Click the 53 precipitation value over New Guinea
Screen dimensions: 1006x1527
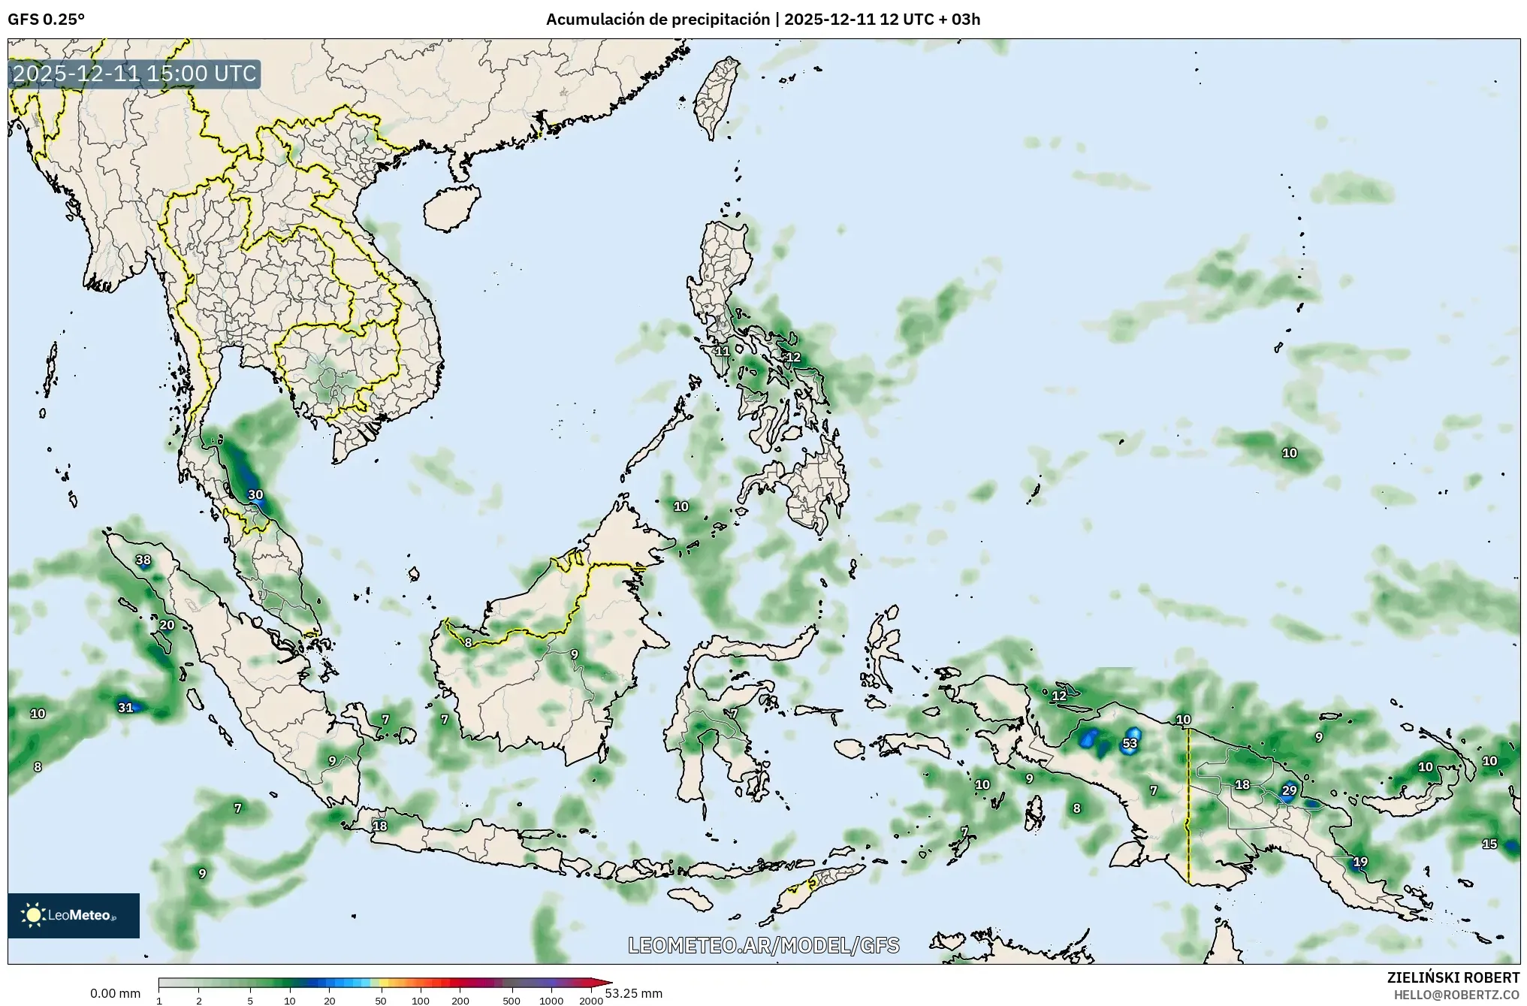pos(1130,744)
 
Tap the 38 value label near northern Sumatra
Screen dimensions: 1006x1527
pos(143,560)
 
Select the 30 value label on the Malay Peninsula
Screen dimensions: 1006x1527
pos(255,494)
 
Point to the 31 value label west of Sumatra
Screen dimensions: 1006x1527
pos(125,707)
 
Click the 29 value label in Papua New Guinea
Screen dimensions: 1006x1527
pos(1289,790)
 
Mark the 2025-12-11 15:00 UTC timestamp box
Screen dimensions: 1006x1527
pos(134,74)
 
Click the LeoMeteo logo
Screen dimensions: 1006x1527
pos(74,915)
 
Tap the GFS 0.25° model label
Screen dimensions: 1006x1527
pos(46,20)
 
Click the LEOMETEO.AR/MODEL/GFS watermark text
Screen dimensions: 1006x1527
pos(763,945)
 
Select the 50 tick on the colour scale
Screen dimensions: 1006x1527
pos(381,1000)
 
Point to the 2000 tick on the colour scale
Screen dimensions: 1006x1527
pos(591,1000)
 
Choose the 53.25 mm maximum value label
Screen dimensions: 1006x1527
pos(635,993)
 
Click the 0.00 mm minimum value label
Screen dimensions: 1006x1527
pos(115,993)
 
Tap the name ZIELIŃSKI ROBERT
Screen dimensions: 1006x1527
pos(1453,977)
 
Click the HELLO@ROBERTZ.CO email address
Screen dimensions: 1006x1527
pos(1456,995)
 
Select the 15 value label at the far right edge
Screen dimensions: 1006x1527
pos(1489,844)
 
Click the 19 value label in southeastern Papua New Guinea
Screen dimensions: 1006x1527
pos(1360,862)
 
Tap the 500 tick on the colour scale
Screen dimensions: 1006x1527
pos(512,1000)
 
